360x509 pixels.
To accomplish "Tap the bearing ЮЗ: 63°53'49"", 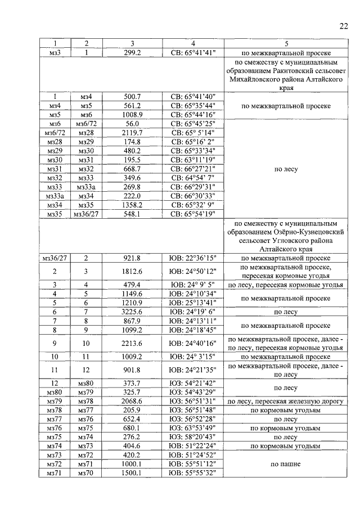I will tap(193, 427).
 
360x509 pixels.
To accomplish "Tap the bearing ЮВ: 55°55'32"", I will tap(193, 472).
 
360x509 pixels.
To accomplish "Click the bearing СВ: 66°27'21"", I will tap(193, 169).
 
